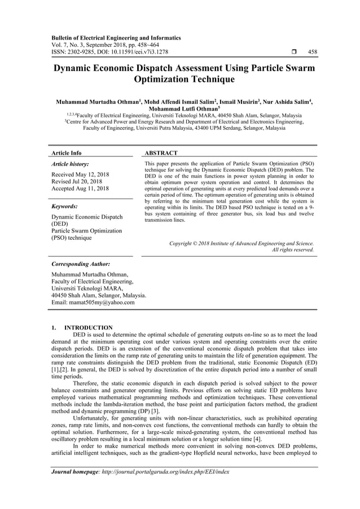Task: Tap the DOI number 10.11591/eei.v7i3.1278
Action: coord(128,52)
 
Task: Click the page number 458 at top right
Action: coord(312,52)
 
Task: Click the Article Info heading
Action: coord(66,153)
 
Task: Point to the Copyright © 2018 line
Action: coord(242,243)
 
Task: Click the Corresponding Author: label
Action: coord(81,264)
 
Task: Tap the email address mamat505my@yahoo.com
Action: coord(93,302)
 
